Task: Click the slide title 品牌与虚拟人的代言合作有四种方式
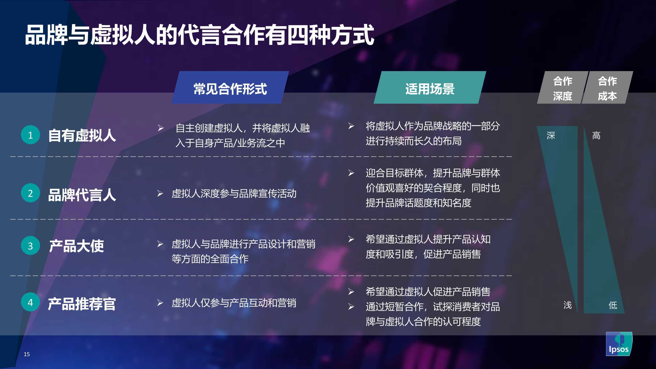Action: click(x=200, y=35)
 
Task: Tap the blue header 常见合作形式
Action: click(x=230, y=87)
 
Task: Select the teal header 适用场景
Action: click(x=430, y=87)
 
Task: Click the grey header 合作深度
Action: click(x=562, y=87)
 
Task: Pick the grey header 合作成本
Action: click(x=607, y=87)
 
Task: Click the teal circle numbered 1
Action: click(x=30, y=135)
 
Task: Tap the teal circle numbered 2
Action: click(x=30, y=193)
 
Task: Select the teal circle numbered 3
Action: click(x=30, y=246)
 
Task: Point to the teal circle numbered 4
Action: click(x=30, y=302)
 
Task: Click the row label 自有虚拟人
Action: click(x=82, y=135)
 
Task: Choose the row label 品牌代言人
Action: click(x=82, y=195)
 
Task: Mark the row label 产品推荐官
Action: click(x=82, y=304)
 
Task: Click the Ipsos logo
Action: click(x=619, y=344)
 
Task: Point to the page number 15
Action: click(x=27, y=354)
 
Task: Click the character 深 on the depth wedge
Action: click(x=551, y=136)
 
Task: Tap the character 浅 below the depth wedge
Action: click(x=568, y=305)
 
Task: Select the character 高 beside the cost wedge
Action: click(x=596, y=136)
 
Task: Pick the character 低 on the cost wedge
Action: click(x=613, y=305)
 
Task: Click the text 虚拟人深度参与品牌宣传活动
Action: click(x=234, y=194)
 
